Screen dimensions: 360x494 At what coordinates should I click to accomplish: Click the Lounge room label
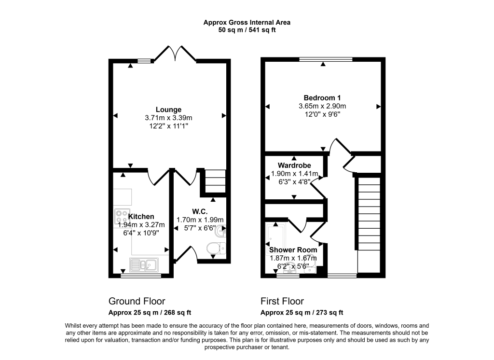tap(168, 110)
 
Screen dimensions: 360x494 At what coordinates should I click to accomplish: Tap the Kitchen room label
tap(141, 217)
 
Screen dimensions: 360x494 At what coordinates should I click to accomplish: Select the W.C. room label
tap(199, 210)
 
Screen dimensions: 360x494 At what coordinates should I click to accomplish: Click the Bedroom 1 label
tap(322, 98)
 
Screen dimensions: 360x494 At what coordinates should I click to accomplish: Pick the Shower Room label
tap(293, 250)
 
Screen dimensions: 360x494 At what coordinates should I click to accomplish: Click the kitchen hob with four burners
tap(121, 215)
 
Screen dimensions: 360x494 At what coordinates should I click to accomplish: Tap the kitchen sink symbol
tap(144, 264)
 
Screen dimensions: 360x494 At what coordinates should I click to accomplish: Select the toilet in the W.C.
tap(214, 249)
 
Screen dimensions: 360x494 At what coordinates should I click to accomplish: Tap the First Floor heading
tap(282, 301)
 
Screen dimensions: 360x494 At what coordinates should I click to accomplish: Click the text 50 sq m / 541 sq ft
tap(247, 30)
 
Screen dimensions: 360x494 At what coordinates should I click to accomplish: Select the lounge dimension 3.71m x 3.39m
tap(168, 118)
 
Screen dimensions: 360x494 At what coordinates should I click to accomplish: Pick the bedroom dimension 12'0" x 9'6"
tap(322, 114)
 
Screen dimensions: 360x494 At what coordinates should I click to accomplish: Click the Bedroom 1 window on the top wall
tap(325, 59)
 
